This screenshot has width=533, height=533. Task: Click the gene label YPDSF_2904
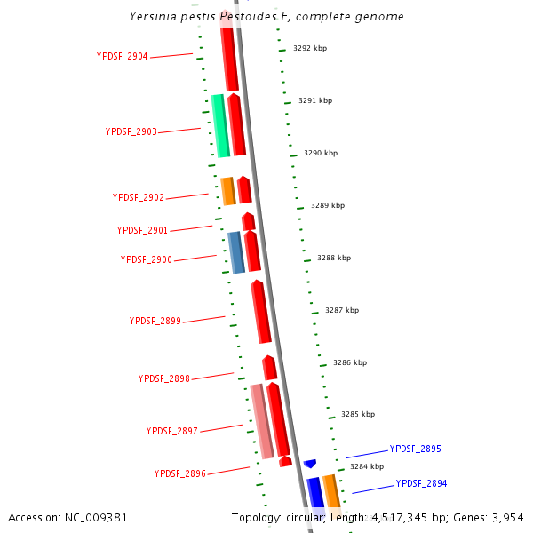click(x=123, y=56)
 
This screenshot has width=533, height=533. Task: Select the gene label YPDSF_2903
click(x=131, y=131)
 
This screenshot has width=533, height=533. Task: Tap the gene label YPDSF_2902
click(x=139, y=197)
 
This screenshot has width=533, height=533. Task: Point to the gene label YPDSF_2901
click(x=142, y=230)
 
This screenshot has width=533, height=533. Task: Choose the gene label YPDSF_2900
click(x=147, y=259)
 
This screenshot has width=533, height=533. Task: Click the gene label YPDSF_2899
click(x=155, y=321)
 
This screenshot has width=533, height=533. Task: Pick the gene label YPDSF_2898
click(x=164, y=378)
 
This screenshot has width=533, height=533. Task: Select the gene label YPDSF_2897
click(x=172, y=431)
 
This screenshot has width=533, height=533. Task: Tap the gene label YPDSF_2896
click(x=180, y=473)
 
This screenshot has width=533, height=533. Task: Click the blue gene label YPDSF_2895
click(x=416, y=449)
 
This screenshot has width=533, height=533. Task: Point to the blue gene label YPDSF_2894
click(x=422, y=483)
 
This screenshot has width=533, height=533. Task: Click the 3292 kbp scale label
click(x=310, y=48)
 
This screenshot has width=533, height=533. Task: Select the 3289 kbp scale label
click(x=328, y=205)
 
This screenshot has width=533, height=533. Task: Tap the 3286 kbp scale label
click(x=350, y=362)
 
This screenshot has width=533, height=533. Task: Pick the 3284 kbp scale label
click(x=367, y=465)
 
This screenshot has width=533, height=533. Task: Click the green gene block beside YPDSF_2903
click(x=220, y=125)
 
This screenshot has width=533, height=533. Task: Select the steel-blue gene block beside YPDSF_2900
click(x=235, y=252)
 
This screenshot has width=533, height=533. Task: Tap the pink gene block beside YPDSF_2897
click(x=261, y=421)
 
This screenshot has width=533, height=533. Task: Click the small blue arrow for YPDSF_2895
click(x=310, y=464)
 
